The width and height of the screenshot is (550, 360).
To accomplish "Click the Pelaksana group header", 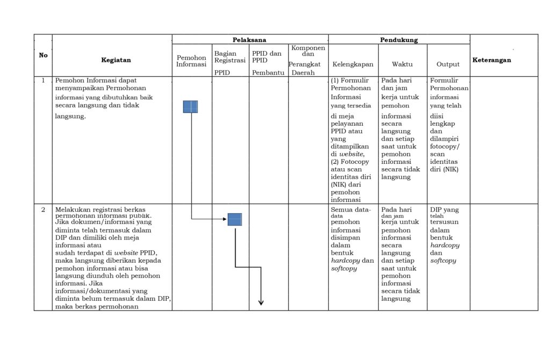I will point(249,40).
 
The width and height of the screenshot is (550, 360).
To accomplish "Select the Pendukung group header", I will point(399,40).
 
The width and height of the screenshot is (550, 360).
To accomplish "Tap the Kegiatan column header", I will point(115,60).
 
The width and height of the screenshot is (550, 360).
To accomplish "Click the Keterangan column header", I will point(491,60).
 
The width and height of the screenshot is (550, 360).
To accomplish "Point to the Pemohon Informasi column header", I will point(191,61).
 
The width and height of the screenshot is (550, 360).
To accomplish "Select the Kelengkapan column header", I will point(353,64).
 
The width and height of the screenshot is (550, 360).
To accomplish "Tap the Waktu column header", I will point(402,64).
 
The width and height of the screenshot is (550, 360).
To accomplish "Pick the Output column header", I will point(448,64).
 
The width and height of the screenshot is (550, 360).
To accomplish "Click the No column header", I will point(43,55).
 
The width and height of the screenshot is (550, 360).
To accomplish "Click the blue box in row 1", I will point(190,106).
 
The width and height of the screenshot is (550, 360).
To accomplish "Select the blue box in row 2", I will point(235,219).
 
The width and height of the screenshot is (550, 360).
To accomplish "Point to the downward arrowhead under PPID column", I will point(261,303).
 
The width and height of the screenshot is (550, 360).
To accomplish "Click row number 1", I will point(43,81).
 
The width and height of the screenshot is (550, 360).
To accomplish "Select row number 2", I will point(43,210).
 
